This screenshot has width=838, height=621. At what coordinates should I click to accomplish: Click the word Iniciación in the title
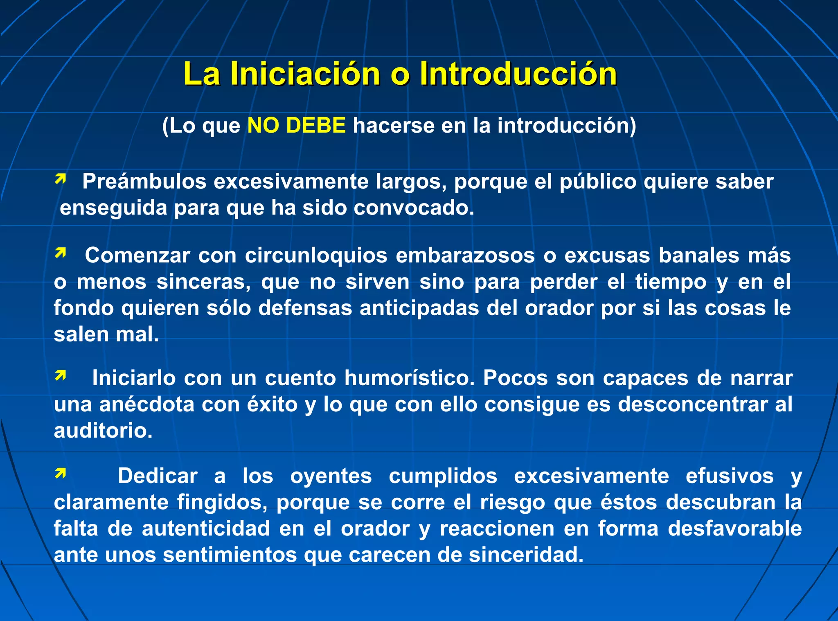click(305, 74)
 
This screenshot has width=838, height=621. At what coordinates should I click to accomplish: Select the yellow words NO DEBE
click(297, 125)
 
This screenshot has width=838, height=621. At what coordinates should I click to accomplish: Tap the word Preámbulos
click(144, 181)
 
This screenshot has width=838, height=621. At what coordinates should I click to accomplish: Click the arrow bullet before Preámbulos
click(61, 179)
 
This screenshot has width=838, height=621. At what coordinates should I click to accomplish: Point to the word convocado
click(414, 208)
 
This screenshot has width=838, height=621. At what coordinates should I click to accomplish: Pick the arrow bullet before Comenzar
click(61, 253)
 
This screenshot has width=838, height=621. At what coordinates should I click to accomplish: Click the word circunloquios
click(316, 255)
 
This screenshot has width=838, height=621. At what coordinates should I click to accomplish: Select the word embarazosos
click(465, 255)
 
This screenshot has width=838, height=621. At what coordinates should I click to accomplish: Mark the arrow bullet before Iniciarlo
click(61, 375)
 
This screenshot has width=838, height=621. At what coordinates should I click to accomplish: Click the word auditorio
click(103, 431)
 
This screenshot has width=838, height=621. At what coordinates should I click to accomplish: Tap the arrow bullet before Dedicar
click(61, 473)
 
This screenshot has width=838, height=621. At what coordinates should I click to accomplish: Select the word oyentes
click(331, 476)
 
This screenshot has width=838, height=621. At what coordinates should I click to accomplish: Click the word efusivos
click(730, 476)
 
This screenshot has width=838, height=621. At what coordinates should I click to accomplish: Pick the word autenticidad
click(206, 528)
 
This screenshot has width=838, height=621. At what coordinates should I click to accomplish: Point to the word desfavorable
click(734, 528)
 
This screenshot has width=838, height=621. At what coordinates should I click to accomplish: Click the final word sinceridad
click(526, 555)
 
